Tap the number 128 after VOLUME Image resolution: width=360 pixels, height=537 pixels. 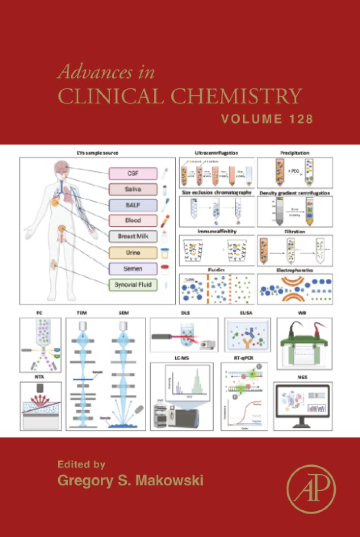coord(300,119)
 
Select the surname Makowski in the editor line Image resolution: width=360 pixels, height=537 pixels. coord(168,480)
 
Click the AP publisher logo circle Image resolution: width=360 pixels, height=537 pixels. coord(311,489)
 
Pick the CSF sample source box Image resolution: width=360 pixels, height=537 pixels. coord(133,174)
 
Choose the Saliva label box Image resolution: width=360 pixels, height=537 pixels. coord(133,189)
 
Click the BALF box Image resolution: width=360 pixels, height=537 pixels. coord(133,205)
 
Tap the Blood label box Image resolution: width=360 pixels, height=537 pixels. coord(133,220)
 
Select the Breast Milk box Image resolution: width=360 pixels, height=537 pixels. coord(133,236)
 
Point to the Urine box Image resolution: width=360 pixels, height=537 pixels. coord(133,253)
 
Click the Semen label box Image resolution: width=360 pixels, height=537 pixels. coord(133,269)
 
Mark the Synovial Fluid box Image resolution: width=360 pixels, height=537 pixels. coord(133,285)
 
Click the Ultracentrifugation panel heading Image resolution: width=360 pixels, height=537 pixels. coord(216,153)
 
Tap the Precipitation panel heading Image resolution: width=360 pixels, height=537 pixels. coord(295,153)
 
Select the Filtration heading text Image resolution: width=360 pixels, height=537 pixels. coord(295,232)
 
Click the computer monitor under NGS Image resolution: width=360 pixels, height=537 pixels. coord(302,403)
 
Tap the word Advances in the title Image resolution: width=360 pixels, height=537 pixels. coord(95,72)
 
